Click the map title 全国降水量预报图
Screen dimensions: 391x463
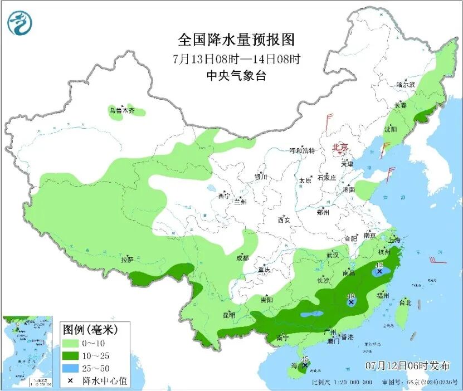(236, 40)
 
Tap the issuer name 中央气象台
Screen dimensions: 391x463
(236, 76)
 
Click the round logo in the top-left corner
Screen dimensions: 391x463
(20, 23)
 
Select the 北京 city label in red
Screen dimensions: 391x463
(340, 148)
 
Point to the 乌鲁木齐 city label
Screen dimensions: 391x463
(121, 111)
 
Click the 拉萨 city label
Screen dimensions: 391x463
(127, 260)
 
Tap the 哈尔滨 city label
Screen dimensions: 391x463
(406, 85)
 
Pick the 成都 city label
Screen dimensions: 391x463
(242, 258)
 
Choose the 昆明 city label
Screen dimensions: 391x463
(228, 315)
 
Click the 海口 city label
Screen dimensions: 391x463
(298, 366)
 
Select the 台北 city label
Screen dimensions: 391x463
(404, 303)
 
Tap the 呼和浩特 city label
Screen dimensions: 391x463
(302, 151)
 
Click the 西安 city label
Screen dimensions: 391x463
(283, 220)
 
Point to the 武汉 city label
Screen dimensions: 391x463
(333, 255)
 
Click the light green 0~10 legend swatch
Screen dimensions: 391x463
(71, 344)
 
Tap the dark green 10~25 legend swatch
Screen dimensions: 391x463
(71, 356)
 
